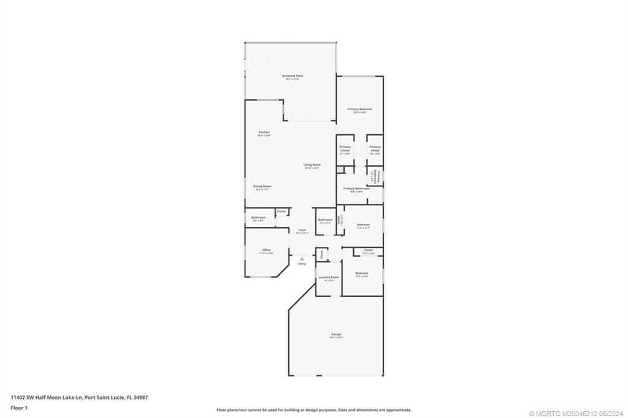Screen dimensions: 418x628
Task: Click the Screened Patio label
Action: coord(293,76)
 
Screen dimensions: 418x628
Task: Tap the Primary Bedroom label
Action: coord(360,109)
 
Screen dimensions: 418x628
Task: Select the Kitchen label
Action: coord(264,132)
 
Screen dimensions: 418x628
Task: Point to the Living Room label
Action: coord(312,164)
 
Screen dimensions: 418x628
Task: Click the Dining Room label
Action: coord(262,186)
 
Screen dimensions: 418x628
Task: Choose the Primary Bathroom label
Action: coord(356,189)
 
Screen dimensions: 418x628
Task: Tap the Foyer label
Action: coord(302,230)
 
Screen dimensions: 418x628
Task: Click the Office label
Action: coord(266,250)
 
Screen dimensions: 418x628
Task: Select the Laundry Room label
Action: coord(329,277)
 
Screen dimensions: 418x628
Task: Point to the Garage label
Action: coord(336,334)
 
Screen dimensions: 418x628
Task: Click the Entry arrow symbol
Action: coord(302,259)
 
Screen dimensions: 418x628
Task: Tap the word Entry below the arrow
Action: coord(302,264)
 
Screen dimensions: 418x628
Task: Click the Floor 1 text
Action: coord(19,407)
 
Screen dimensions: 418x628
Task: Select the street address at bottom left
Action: coord(79,397)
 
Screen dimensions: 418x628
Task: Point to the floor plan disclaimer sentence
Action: coord(313,410)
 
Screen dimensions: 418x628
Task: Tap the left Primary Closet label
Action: coord(345,148)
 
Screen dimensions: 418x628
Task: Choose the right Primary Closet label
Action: coord(375,148)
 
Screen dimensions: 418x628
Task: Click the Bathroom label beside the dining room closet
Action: coord(258,218)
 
